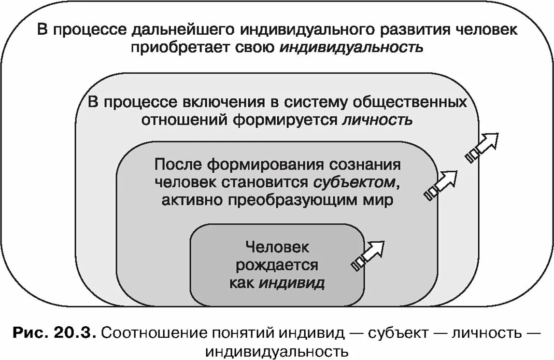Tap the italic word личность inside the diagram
(377, 119)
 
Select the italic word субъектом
(356, 182)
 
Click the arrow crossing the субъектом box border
(440, 184)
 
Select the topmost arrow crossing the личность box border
(482, 147)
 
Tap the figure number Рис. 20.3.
(54, 332)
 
